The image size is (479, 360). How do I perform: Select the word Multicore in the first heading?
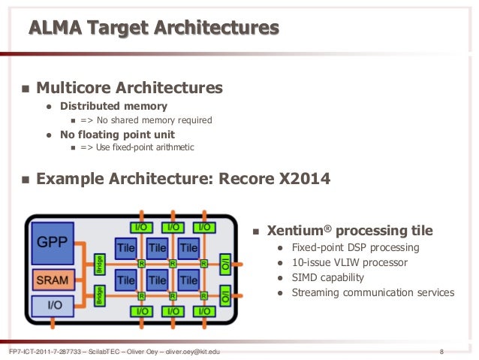(x=74, y=88)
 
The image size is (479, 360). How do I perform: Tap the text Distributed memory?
(x=113, y=106)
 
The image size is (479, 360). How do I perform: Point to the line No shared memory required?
(x=154, y=120)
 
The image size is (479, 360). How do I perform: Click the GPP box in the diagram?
(x=53, y=243)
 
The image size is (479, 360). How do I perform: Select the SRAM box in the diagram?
(x=52, y=280)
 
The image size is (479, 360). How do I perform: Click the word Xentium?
(x=299, y=230)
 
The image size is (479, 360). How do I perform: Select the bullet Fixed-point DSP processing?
(x=355, y=247)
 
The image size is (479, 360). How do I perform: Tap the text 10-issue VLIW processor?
(x=349, y=262)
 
